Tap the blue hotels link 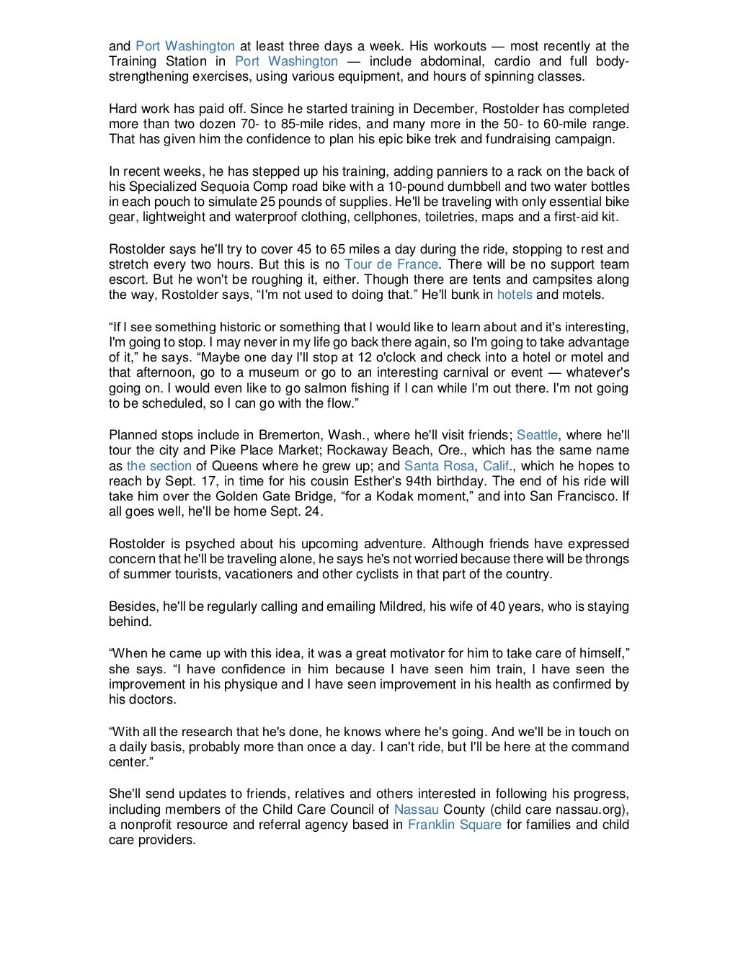tap(515, 295)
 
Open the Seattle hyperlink tap(537, 435)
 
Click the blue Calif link tap(496, 466)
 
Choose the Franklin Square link tap(454, 825)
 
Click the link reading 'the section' tap(159, 466)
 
